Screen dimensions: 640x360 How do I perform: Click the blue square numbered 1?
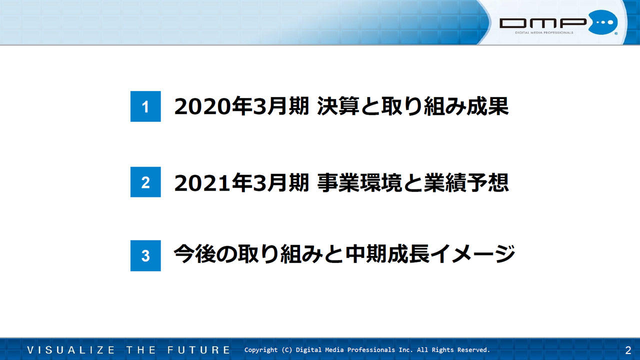point(145,106)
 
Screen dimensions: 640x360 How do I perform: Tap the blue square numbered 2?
point(145,182)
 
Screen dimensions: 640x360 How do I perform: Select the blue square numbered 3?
point(145,255)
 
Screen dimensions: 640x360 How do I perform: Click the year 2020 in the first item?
point(202,106)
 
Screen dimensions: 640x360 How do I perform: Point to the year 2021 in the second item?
point(202,183)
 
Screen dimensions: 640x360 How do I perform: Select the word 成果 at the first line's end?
point(487,106)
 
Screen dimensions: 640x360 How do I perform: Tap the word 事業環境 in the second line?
point(359,182)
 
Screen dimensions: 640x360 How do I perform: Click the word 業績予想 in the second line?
point(466,182)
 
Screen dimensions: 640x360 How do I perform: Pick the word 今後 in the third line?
point(195,254)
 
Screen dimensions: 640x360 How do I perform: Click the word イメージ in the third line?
point(472,254)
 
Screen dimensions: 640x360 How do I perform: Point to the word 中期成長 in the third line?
point(387,254)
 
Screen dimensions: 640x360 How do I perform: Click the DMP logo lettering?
point(543,23)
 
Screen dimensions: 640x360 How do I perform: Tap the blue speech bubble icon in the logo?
point(603,22)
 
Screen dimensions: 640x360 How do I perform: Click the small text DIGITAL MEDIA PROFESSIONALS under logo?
point(544,32)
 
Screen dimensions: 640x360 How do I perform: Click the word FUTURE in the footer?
point(199,350)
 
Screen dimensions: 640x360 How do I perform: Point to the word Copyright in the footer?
point(261,350)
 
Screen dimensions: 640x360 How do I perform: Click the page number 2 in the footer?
point(628,350)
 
